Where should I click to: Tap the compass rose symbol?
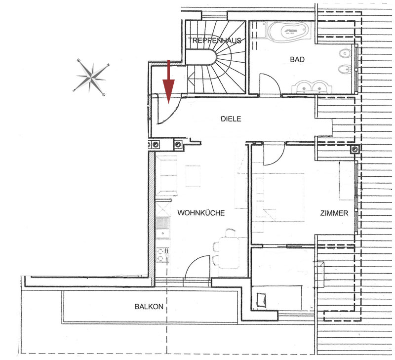[91, 78]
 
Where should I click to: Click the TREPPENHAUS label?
[215, 40]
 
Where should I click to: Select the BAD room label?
[297, 59]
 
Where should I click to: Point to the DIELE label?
[231, 119]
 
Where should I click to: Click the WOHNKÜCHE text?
[201, 213]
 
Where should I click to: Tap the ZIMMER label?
[334, 213]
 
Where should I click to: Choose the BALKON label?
[149, 307]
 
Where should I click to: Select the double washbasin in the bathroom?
[312, 87]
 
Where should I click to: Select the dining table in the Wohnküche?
[229, 253]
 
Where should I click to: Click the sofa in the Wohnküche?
[166, 176]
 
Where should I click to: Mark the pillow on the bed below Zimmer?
[262, 300]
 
